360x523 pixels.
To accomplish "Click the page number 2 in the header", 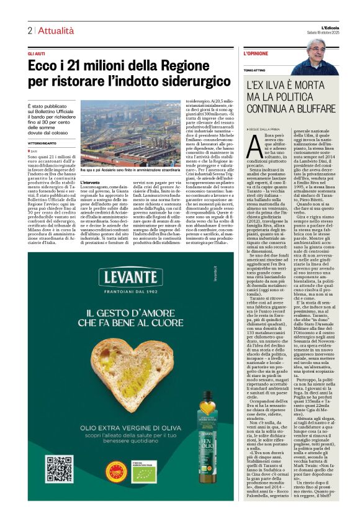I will click(x=29, y=30).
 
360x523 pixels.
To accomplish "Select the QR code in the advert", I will click(x=59, y=469).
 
